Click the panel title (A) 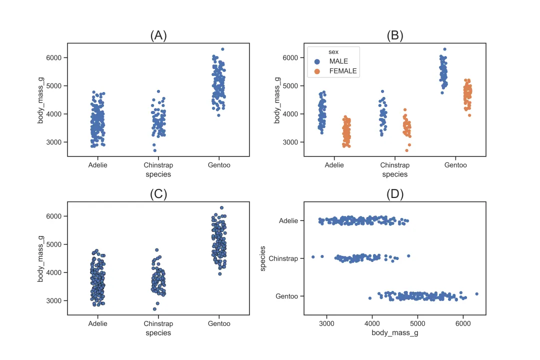[x=158, y=35]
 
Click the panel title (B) [x=395, y=35]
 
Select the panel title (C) [x=158, y=194]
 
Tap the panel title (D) [x=395, y=194]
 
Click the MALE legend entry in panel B [x=338, y=61]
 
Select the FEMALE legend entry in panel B [x=342, y=71]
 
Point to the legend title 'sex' [x=333, y=51]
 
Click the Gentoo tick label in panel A [x=219, y=165]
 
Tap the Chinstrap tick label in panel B [x=395, y=165]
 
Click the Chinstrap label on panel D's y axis [x=283, y=258]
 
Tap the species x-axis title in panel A [x=158, y=174]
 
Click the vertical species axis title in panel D [x=263, y=258]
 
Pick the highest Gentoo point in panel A [x=222, y=49]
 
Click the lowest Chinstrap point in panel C [x=154, y=309]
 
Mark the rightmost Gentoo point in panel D [x=476, y=294]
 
